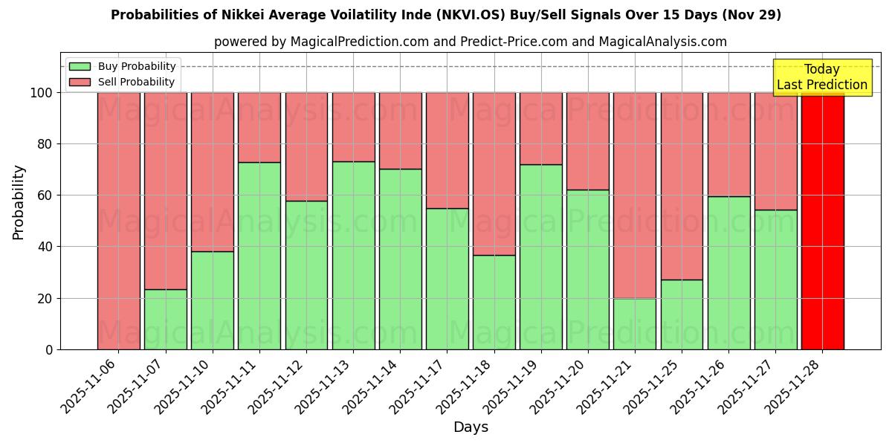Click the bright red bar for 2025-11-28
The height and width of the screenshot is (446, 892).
822,221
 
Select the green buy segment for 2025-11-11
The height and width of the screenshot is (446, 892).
259,256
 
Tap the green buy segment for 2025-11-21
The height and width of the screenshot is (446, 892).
635,323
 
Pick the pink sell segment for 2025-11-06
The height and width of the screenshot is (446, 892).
119,221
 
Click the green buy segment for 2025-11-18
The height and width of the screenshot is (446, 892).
494,302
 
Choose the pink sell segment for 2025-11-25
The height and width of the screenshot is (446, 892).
682,186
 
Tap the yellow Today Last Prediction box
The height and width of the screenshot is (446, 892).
822,77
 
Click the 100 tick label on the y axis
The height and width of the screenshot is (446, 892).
42,93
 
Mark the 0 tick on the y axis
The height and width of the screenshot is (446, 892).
50,349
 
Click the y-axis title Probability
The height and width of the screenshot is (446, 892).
19,202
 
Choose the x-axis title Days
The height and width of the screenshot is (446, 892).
471,427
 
